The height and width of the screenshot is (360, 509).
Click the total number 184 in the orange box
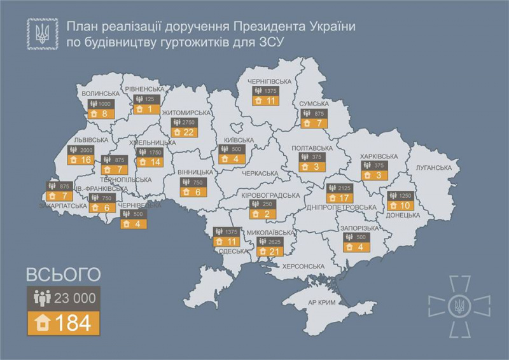pos(64,322)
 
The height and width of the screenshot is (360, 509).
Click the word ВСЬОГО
pos(63,274)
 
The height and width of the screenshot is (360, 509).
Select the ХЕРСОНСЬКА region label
pos(305,266)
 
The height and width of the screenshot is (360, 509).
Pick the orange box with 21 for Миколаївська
pos(268,253)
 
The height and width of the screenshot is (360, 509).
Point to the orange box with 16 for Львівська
pos(83,159)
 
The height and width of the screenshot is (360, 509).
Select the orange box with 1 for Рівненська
pos(146,109)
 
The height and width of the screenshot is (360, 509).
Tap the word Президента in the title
pos(267,27)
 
